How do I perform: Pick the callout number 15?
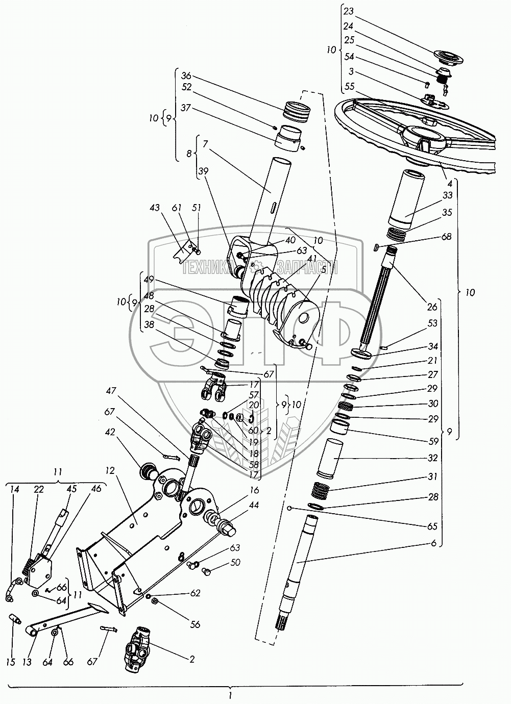click(x=11, y=662)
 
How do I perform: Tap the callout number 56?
click(x=194, y=624)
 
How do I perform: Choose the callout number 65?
click(x=433, y=526)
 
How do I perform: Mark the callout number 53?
click(x=433, y=323)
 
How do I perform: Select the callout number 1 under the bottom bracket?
click(x=231, y=695)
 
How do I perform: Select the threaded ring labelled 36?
click(x=296, y=111)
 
